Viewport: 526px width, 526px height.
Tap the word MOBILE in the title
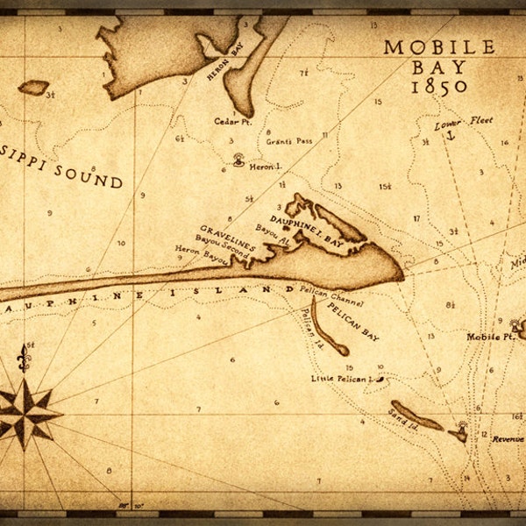point(439,47)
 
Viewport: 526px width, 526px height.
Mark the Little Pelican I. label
point(341,379)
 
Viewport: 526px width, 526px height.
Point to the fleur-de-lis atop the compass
point(24,358)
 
